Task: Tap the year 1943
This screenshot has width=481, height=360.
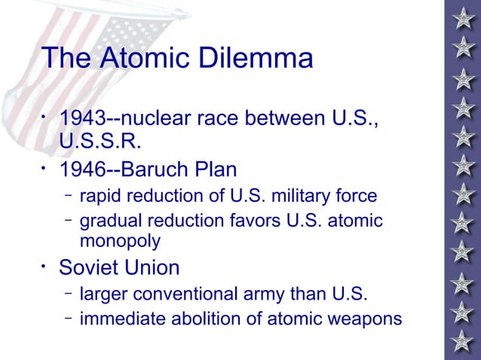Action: coord(82,118)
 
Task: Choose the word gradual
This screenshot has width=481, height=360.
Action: coord(108,221)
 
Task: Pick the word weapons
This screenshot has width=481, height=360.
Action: coord(369,319)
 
